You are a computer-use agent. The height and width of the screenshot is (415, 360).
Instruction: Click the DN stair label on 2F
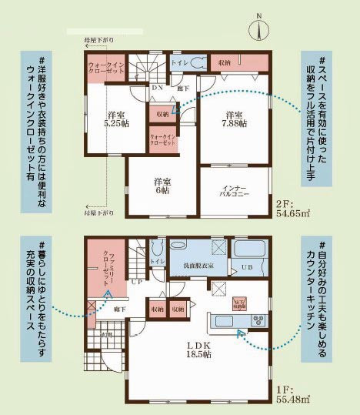pyautogui.click(x=156, y=88)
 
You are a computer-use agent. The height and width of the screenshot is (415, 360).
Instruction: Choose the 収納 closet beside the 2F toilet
pyautogui.click(x=224, y=63)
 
